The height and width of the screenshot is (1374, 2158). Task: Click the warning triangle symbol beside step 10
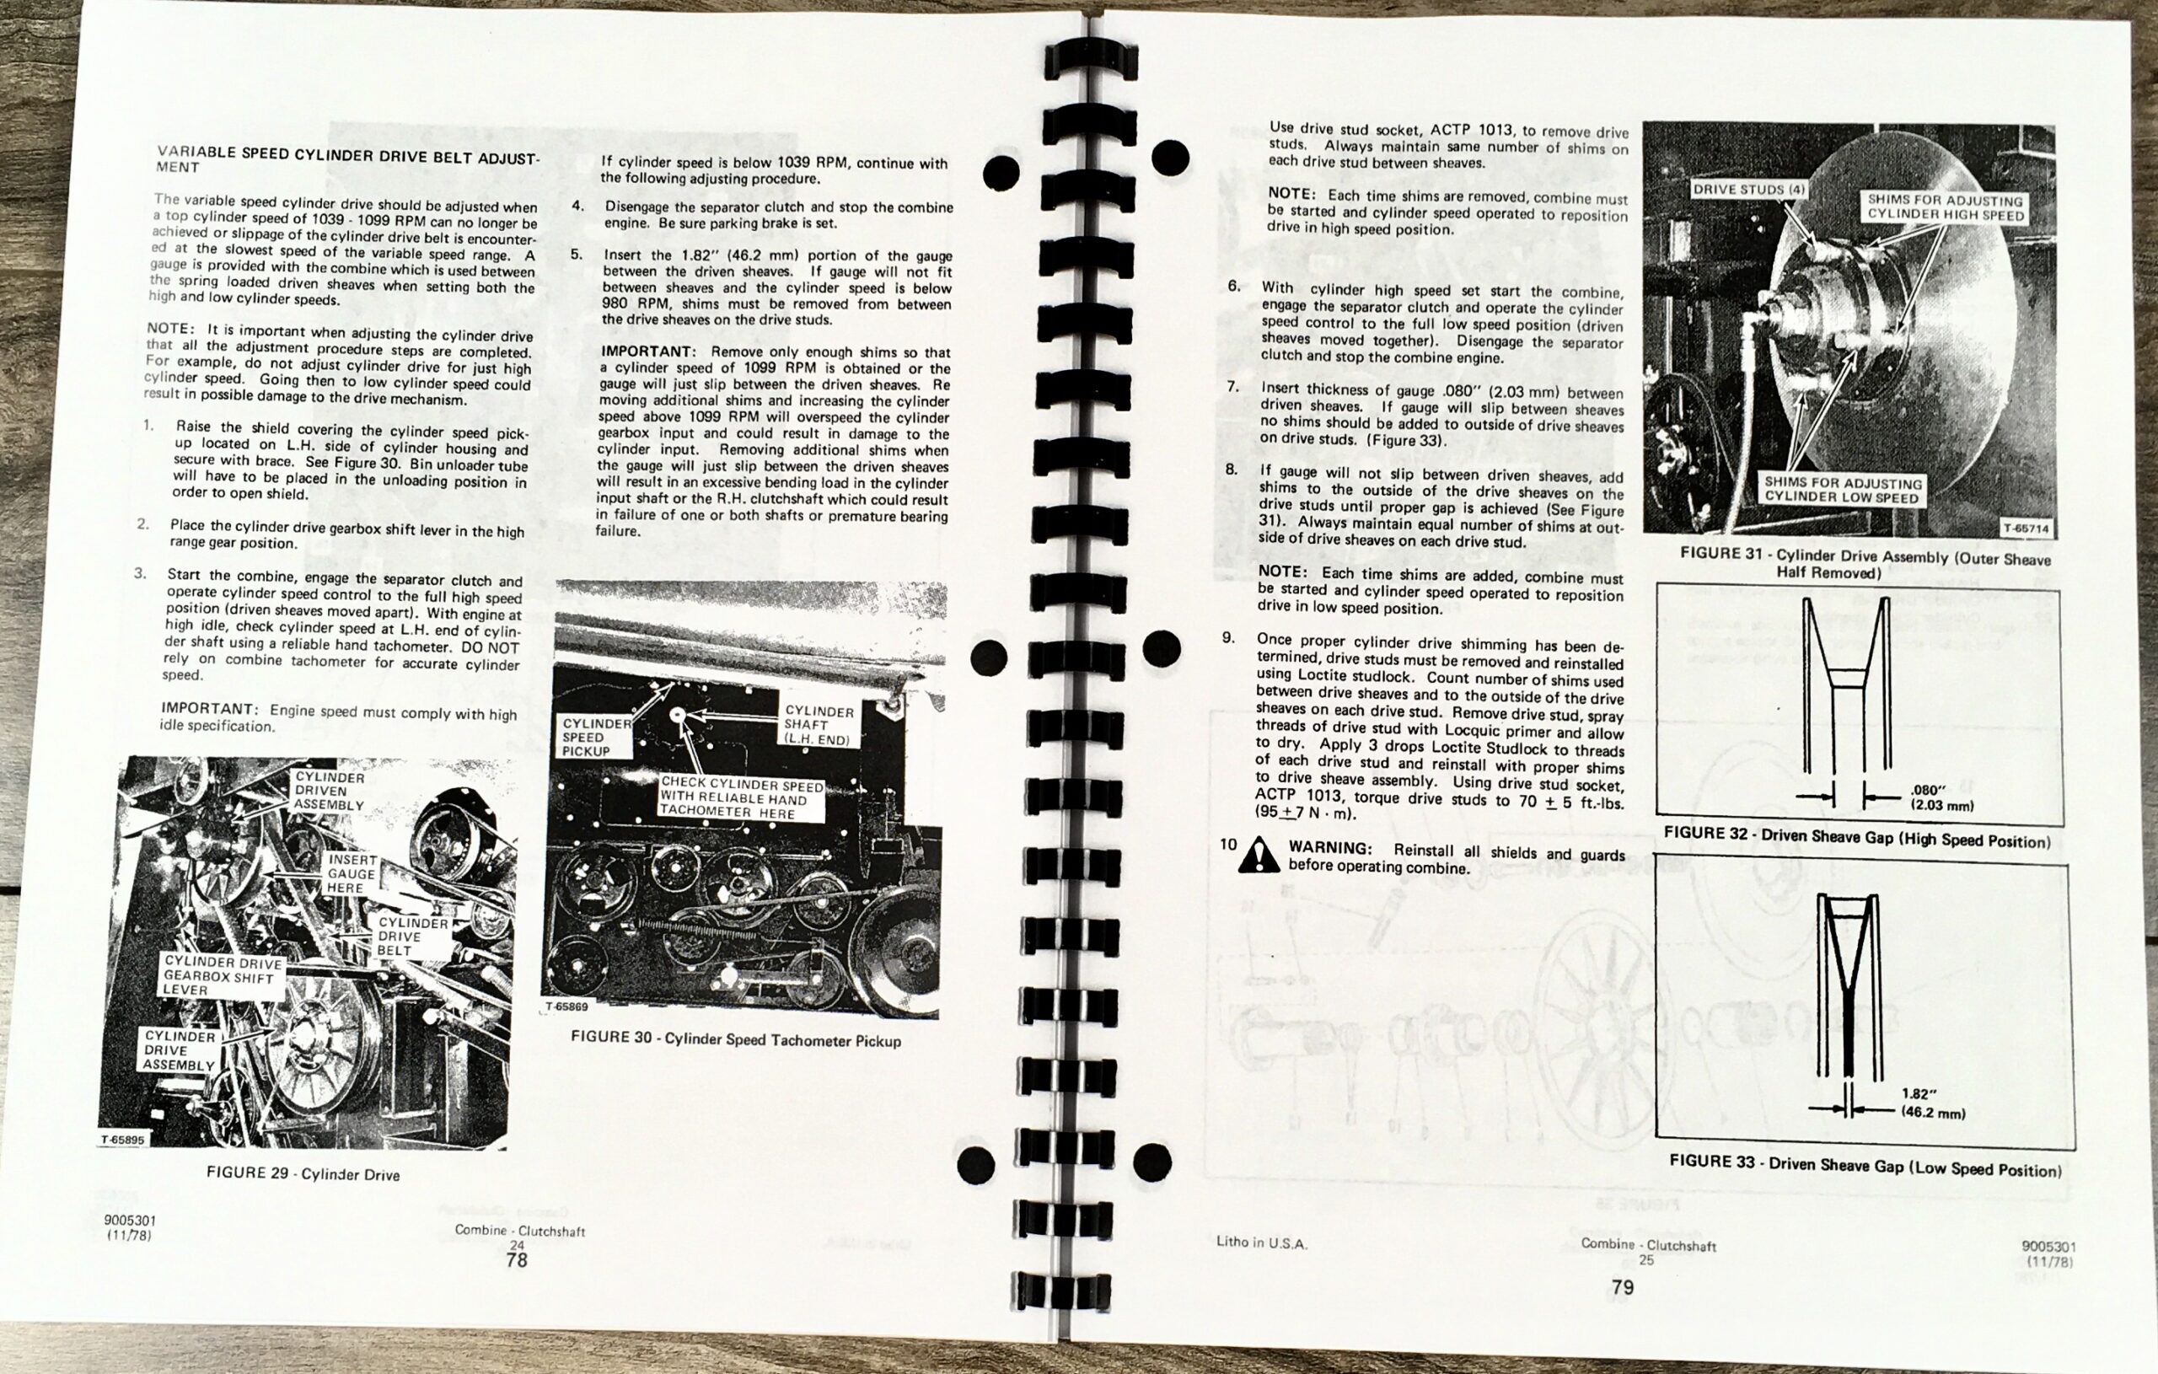tap(1259, 855)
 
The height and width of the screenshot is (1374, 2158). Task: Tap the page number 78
tap(516, 1260)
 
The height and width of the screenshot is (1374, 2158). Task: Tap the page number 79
tap(1622, 1287)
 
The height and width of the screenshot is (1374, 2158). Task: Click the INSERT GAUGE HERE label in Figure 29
tap(352, 873)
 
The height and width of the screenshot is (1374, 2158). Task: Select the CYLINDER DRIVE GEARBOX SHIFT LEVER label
tap(222, 976)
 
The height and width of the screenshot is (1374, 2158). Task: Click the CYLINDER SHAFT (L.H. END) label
tap(818, 724)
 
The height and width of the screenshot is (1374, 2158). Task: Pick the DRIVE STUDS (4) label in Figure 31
tap(1748, 190)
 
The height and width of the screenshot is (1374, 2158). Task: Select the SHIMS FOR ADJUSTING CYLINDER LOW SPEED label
tap(1843, 490)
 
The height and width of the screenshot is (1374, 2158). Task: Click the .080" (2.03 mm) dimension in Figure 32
tap(1941, 797)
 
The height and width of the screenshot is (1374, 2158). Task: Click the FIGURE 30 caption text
tap(735, 1039)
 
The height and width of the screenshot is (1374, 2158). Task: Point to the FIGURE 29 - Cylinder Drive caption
tap(303, 1173)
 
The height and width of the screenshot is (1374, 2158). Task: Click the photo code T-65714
tap(2026, 528)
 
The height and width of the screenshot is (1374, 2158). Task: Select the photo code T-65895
tap(122, 1140)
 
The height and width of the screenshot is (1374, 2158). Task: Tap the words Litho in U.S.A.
tap(1261, 1243)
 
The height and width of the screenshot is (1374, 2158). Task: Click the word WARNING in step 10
tap(1330, 848)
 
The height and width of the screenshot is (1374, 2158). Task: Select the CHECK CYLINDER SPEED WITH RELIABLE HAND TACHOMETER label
tap(740, 797)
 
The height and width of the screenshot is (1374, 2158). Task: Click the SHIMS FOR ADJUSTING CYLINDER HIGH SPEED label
tap(1945, 207)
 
